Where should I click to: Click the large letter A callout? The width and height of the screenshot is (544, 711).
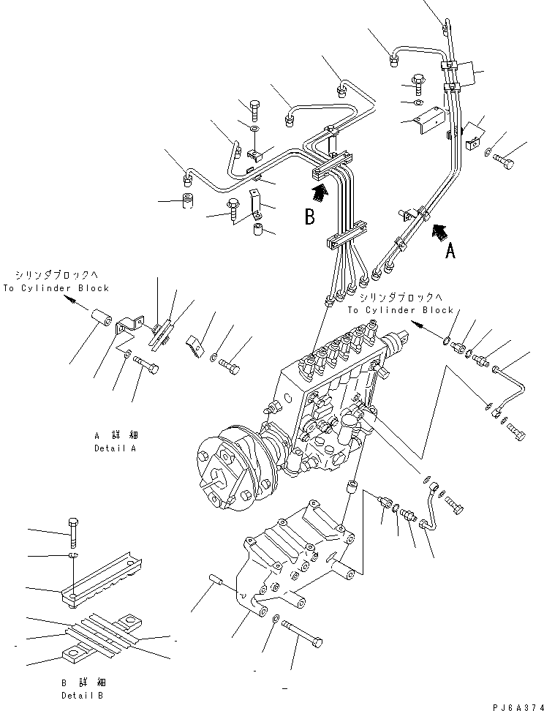pyautogui.click(x=450, y=251)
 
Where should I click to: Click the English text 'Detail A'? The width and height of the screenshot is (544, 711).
pyautogui.click(x=115, y=448)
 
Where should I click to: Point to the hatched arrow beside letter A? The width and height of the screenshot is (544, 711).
pyautogui.click(x=440, y=232)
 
